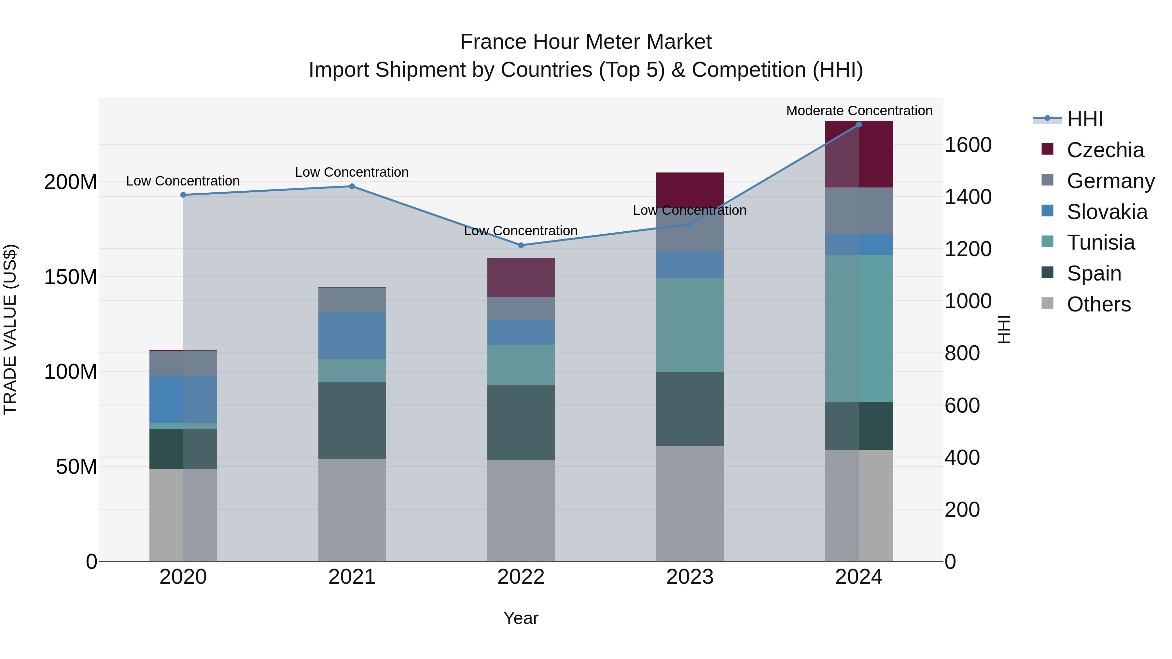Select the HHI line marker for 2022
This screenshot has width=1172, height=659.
(x=521, y=245)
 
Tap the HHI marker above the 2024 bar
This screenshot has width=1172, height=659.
(x=858, y=124)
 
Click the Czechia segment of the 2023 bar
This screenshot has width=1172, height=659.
(x=690, y=190)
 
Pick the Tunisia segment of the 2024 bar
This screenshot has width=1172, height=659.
(x=858, y=328)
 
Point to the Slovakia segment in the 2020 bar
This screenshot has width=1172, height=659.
(x=183, y=399)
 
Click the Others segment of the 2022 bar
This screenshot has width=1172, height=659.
(x=521, y=510)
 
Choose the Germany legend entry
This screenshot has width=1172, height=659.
(x=1110, y=181)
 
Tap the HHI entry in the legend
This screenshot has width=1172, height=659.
(x=1085, y=119)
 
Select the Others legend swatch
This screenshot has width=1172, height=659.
(x=1047, y=303)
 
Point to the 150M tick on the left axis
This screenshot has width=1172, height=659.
(x=71, y=277)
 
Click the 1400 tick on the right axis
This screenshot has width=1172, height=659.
(x=968, y=197)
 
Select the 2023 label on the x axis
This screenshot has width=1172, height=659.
(x=690, y=577)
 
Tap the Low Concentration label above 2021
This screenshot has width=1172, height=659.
(x=352, y=172)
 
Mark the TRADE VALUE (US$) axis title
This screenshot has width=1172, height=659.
(x=10, y=329)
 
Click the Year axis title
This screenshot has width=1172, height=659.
(x=521, y=618)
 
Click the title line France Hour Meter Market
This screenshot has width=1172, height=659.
(x=586, y=42)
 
